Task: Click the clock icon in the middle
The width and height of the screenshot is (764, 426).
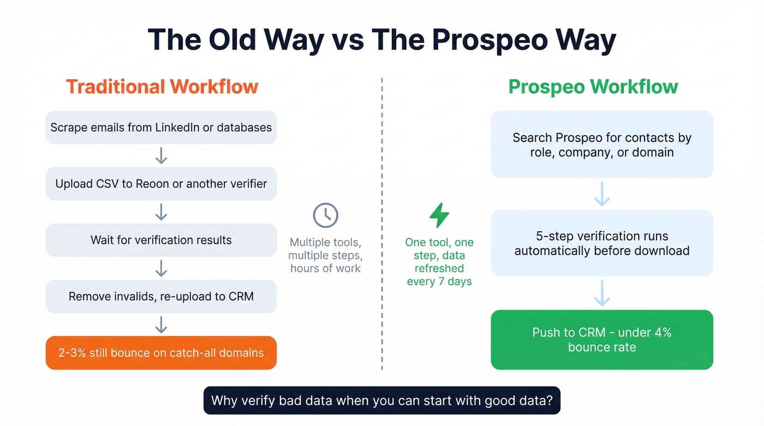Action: (325, 216)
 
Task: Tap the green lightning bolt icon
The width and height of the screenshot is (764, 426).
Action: (439, 215)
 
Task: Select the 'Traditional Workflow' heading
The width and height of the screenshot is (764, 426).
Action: (162, 87)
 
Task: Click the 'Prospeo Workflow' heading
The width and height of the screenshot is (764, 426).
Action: (593, 87)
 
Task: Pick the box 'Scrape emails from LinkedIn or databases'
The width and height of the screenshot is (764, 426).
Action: (161, 128)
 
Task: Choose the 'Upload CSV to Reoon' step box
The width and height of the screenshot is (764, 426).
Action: (161, 184)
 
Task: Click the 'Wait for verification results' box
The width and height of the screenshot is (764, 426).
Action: (161, 240)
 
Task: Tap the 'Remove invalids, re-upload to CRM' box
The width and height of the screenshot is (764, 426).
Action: (161, 297)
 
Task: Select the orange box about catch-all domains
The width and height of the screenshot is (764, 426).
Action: (161, 353)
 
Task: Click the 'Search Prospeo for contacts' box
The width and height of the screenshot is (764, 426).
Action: (602, 145)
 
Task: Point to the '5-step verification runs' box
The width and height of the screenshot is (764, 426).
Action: (602, 243)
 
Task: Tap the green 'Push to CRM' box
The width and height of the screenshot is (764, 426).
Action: (602, 340)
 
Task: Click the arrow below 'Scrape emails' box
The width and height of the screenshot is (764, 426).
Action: (161, 155)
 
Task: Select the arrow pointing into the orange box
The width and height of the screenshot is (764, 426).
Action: (161, 325)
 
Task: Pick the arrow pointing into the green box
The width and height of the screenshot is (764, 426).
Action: (602, 293)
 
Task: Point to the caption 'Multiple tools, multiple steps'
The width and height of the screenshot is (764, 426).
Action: (325, 255)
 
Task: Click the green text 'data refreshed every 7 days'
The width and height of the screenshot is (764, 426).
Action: (439, 268)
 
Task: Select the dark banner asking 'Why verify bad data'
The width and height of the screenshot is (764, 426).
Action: (382, 401)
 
